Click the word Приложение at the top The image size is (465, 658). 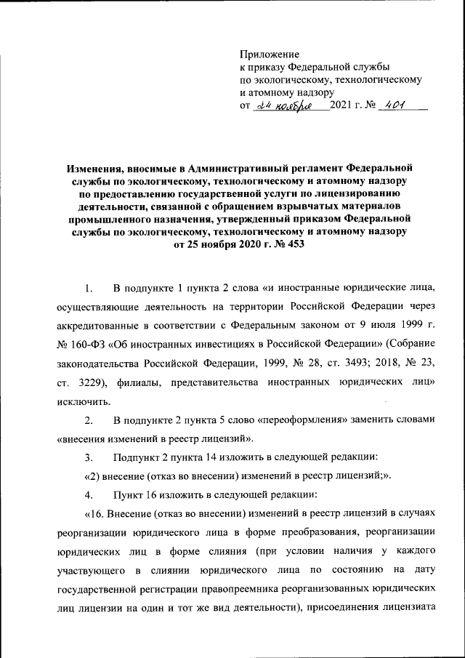(x=270, y=54)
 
